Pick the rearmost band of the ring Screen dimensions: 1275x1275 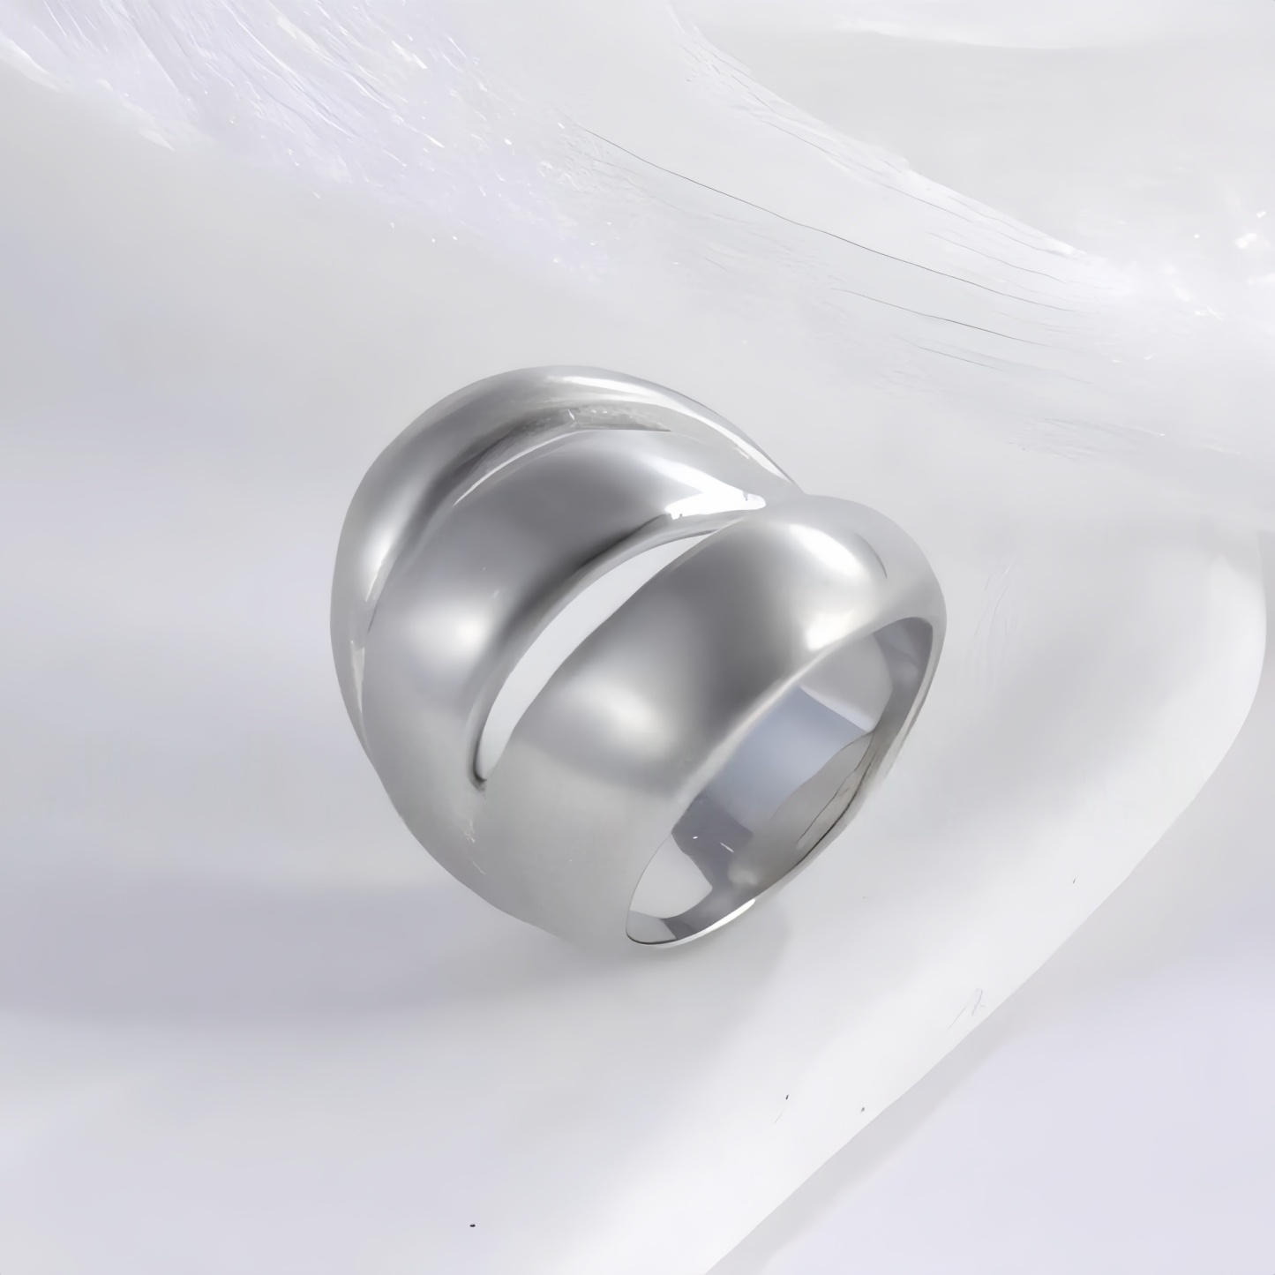click(x=379, y=547)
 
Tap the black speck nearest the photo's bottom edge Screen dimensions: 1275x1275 click(x=475, y=1226)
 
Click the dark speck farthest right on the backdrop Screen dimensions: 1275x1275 click(x=1074, y=881)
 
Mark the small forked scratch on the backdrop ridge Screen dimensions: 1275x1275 click(x=975, y=1001)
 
